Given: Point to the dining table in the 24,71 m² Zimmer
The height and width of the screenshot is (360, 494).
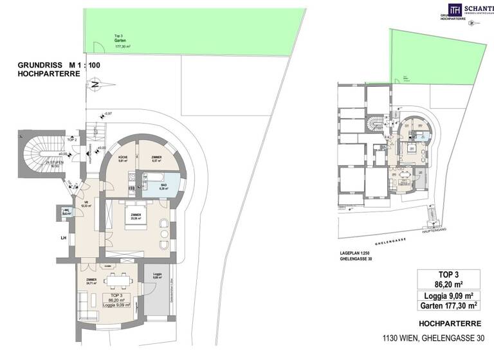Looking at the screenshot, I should coord(117,279).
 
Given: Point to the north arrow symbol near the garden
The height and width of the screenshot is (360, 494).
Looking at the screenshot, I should coord(95,83).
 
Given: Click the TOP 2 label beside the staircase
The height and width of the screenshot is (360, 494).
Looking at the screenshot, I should coord(72,139).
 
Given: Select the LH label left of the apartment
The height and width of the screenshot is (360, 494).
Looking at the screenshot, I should coord(63,238).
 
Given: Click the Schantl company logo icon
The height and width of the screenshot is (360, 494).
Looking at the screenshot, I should coord(455,8).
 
